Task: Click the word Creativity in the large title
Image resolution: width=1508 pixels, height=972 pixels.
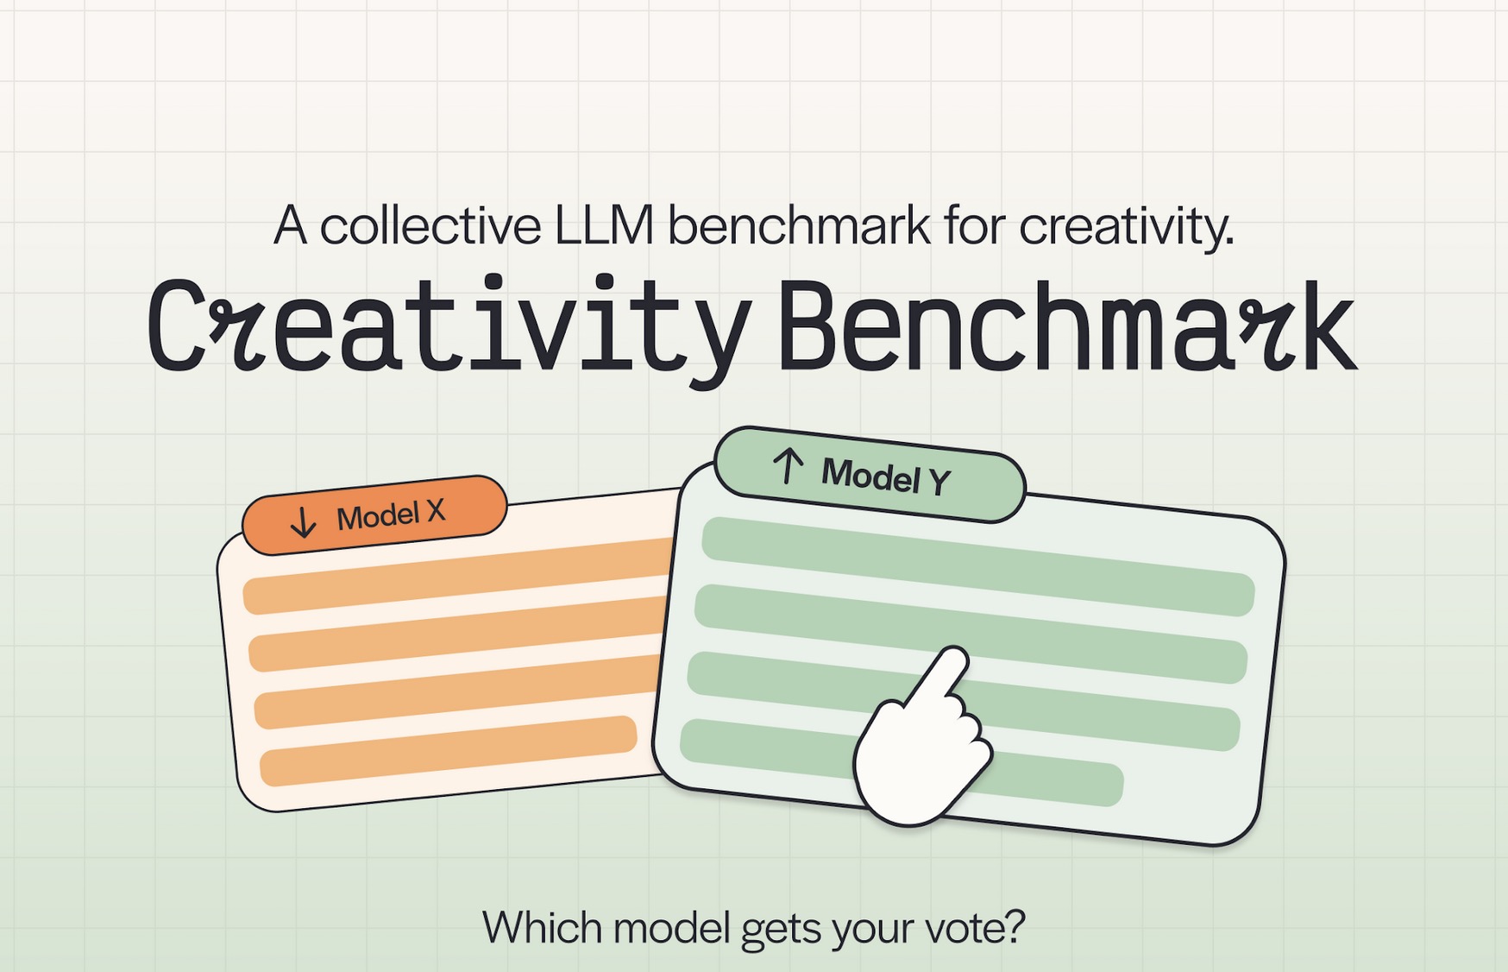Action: click(449, 327)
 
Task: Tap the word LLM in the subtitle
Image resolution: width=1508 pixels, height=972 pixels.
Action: click(604, 226)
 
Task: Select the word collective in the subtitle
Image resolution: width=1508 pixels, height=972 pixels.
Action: click(430, 226)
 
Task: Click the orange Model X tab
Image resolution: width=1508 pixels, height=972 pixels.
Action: click(374, 515)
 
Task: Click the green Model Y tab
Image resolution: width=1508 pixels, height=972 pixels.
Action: click(870, 474)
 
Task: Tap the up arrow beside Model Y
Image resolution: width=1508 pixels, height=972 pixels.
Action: click(788, 466)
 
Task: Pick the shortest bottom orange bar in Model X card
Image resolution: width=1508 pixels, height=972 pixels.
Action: click(449, 751)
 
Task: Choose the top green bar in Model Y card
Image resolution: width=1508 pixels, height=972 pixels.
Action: click(977, 566)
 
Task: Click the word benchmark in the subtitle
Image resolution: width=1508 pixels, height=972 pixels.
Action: click(799, 226)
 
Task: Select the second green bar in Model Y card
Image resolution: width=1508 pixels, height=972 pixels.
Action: click(971, 634)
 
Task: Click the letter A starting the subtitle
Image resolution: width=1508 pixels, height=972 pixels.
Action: click(291, 226)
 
